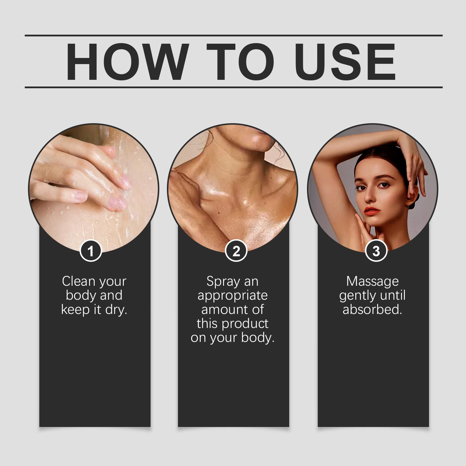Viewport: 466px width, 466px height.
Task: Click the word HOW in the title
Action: pos(126,62)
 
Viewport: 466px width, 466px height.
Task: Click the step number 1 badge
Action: pos(91,251)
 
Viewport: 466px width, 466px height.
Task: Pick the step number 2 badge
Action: pos(236,251)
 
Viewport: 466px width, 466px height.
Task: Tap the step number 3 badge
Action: pos(376,251)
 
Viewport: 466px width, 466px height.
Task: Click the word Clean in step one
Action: pos(79,281)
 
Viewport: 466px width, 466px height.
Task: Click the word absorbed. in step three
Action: pos(372,309)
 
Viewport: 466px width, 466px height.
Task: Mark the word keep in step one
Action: pos(74,310)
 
